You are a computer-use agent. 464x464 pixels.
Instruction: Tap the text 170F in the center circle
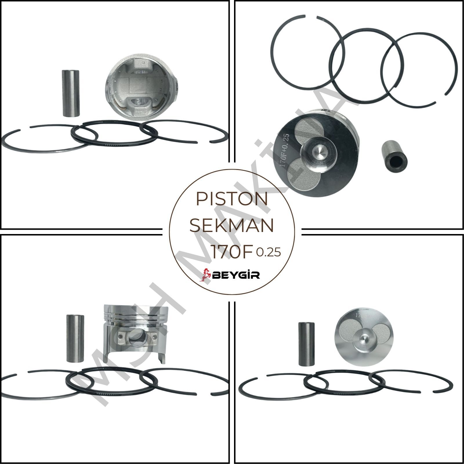pyautogui.click(x=232, y=252)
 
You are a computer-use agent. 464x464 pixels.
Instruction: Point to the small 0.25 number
pyautogui.click(x=268, y=253)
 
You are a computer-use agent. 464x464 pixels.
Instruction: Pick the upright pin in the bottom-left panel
pyautogui.click(x=75, y=338)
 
